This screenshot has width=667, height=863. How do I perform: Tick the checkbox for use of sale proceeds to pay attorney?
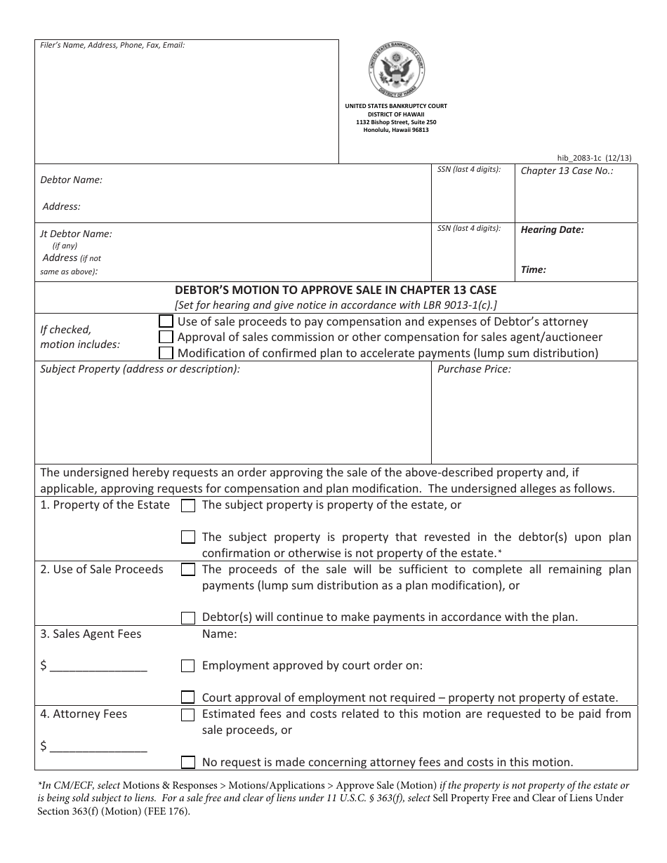coord(166,321)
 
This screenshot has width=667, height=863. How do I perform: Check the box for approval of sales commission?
coord(166,337)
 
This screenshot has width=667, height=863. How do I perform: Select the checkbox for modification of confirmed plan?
coord(166,353)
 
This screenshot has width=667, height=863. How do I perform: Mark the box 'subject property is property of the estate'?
coord(188,505)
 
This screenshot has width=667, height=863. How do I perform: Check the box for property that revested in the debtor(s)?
coord(188,537)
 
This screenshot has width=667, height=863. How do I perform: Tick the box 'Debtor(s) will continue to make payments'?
coord(188,618)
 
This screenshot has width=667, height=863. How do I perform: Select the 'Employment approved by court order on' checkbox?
coord(188,666)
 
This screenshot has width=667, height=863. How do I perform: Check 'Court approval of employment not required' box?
coord(188,697)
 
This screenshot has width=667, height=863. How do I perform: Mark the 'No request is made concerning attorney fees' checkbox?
coord(188,762)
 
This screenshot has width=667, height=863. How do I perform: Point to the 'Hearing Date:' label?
coord(552,229)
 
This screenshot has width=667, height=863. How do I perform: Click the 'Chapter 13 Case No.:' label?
coord(567,170)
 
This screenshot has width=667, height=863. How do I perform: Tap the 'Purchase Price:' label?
coord(474,369)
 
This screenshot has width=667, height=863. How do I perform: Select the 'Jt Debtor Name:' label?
coord(76,234)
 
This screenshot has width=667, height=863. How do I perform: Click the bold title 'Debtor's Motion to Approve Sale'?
coord(336,290)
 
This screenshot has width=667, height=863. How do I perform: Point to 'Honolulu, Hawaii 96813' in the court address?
coord(396,130)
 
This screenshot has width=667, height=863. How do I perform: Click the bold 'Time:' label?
coord(533,269)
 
